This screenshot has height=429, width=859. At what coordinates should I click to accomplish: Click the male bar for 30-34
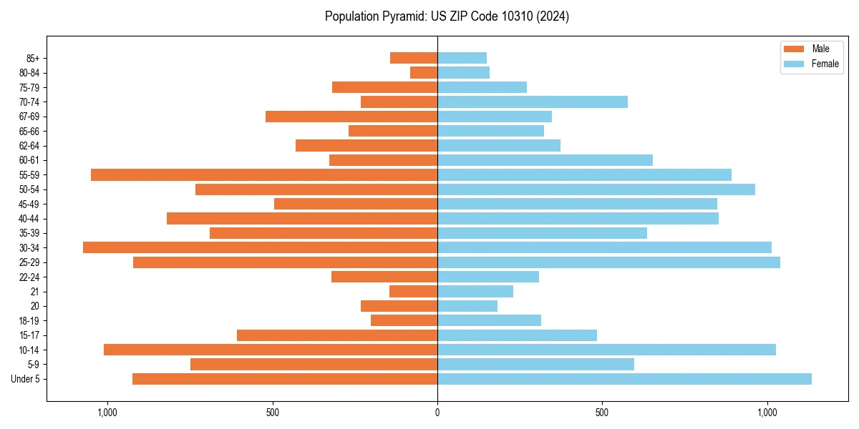click(260, 247)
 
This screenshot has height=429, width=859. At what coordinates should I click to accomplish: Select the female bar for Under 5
click(624, 379)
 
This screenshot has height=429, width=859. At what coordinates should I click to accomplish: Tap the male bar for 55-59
click(264, 174)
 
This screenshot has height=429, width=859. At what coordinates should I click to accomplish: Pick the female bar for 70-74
click(533, 102)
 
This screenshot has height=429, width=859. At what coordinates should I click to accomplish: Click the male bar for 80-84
click(424, 72)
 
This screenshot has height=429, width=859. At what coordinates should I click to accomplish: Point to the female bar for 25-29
click(608, 262)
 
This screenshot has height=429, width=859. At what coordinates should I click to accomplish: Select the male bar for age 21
click(413, 291)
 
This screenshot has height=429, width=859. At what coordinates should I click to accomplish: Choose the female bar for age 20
click(467, 306)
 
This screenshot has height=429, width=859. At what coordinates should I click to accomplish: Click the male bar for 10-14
click(271, 350)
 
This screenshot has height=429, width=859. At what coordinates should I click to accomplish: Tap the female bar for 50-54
click(596, 189)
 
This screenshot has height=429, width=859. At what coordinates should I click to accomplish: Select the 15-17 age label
click(29, 335)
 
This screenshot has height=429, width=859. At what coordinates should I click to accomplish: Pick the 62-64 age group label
click(29, 146)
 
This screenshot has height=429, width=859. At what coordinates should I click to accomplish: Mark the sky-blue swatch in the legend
click(794, 64)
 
